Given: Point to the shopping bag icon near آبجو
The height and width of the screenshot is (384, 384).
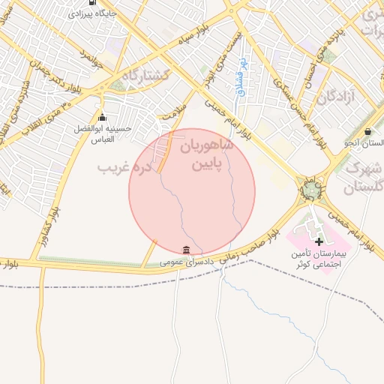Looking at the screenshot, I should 367,131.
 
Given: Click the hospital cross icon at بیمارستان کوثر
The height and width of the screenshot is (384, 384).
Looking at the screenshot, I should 319,241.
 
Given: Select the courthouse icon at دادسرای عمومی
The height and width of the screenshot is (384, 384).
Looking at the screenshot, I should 185,250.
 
